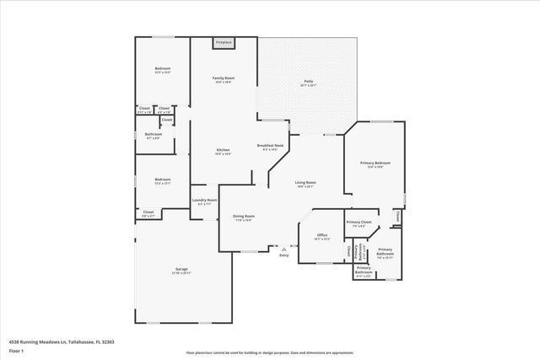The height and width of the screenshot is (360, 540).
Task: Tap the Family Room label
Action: tap(224, 78)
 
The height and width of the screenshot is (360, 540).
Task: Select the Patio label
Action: tap(308, 82)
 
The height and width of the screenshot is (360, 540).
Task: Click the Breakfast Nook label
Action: tap(270, 147)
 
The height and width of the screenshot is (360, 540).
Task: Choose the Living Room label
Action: tap(305, 183)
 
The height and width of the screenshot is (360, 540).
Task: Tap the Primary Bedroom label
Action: tap(375, 164)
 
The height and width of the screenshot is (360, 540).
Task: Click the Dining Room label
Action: tap(244, 217)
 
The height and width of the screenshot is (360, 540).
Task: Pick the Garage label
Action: tap(181, 270)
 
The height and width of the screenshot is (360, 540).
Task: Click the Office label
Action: tap(321, 235)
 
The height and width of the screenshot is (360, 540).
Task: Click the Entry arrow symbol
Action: tap(283, 249)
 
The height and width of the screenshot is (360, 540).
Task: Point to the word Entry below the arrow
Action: tap(283, 255)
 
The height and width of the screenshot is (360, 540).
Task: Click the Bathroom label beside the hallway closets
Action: tap(153, 135)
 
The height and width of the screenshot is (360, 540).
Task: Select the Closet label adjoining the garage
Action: tap(148, 212)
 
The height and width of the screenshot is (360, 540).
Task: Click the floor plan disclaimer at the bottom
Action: tap(270, 352)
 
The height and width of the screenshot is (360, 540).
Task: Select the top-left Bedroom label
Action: tap(162, 69)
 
